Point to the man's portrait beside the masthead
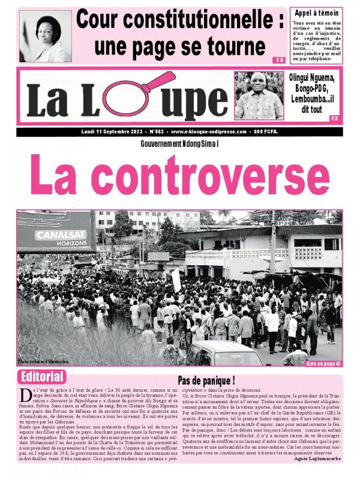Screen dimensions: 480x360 (x=259, y=95)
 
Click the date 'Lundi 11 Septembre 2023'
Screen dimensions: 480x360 (x=113, y=131)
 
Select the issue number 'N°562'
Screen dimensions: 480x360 (x=154, y=131)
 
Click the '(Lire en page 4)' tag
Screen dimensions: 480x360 (x=323, y=364)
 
